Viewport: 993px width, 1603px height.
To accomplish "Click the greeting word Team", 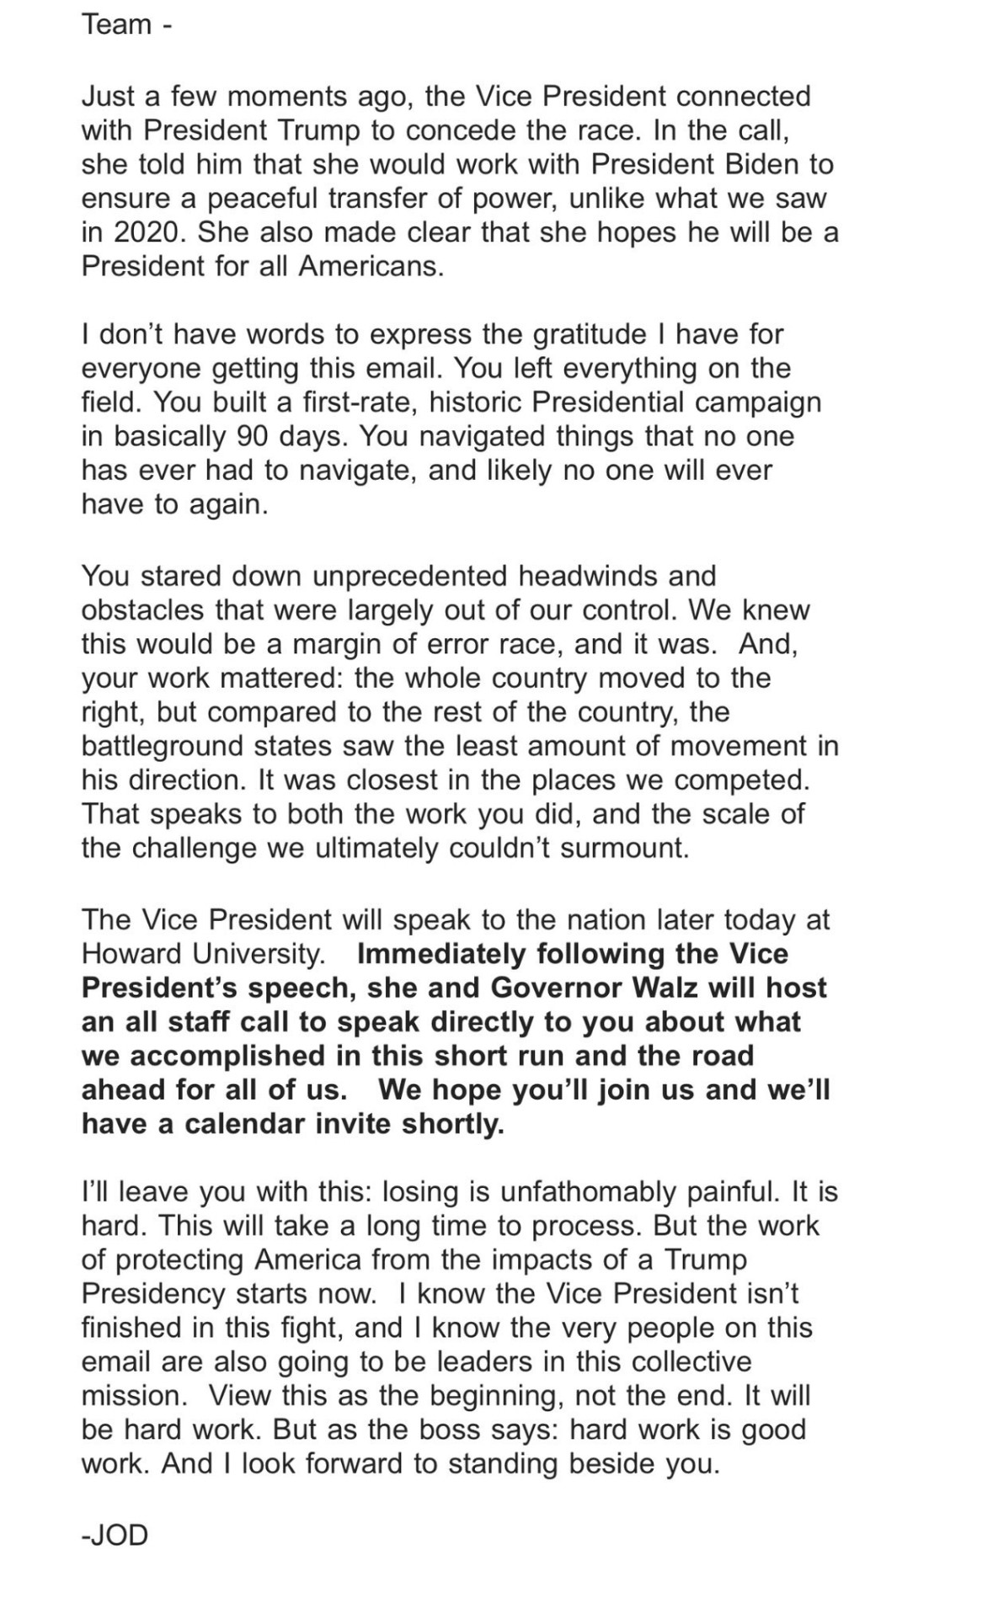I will pyautogui.click(x=117, y=24).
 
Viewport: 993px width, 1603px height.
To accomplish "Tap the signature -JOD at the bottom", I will pyautogui.click(x=115, y=1535).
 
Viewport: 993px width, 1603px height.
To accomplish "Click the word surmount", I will pyautogui.click(x=625, y=847).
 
